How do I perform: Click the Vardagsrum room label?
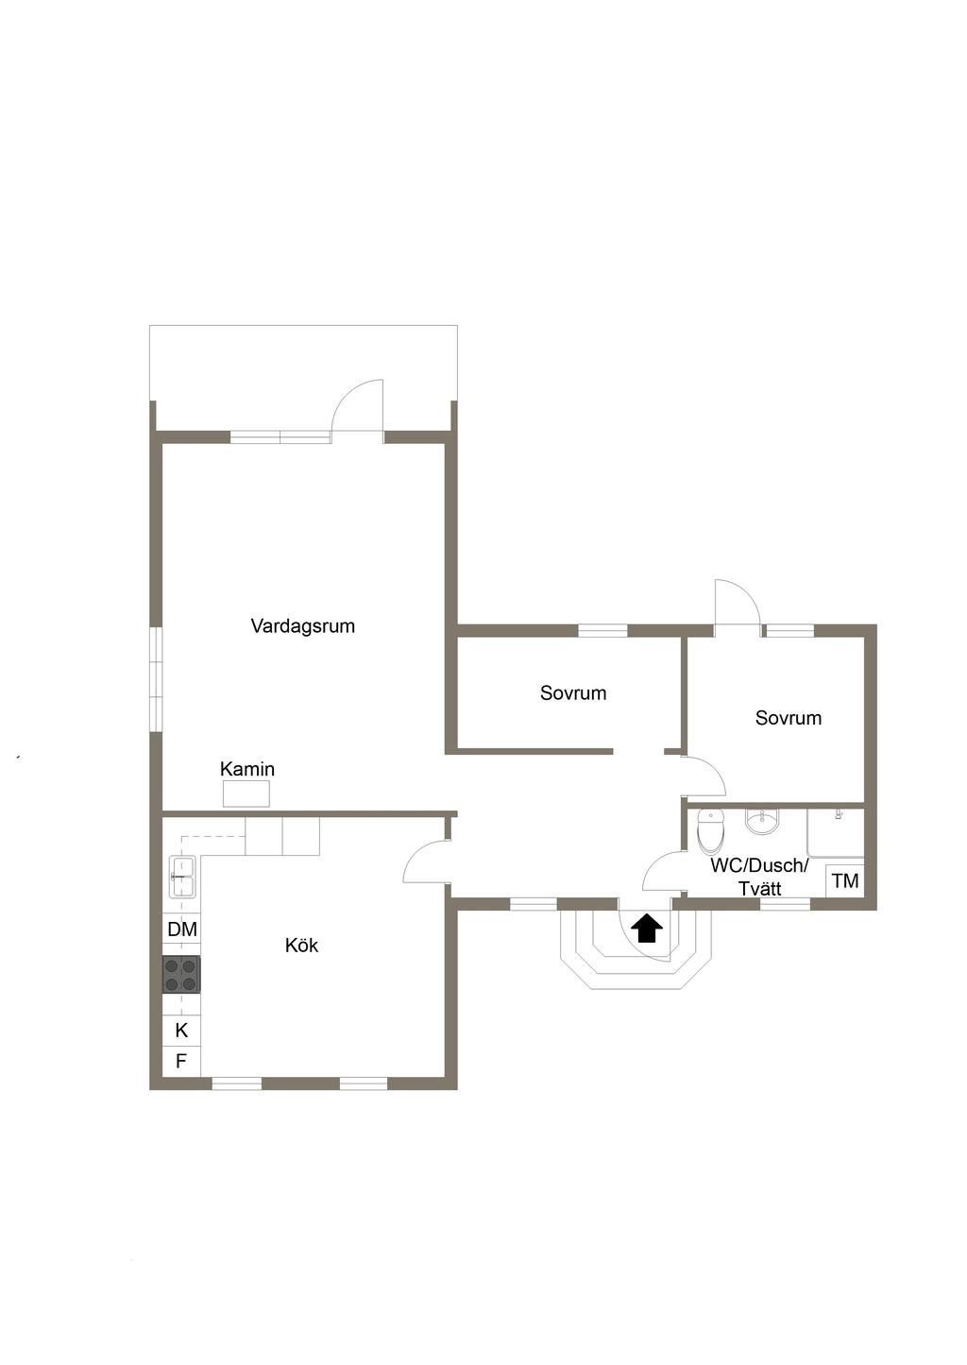303,626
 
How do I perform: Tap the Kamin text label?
247,770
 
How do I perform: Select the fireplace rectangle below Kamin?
246,794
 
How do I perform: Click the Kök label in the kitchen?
301,946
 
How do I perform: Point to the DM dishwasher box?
181,930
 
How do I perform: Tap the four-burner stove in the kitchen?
181,975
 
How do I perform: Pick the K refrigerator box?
181,1031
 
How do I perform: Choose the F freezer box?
181,1061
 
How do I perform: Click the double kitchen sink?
182,877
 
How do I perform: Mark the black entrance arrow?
647,928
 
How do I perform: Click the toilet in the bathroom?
710,831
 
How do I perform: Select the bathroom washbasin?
762,822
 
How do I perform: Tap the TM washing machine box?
845,880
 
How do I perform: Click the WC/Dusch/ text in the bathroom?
759,865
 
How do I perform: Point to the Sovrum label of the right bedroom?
789,718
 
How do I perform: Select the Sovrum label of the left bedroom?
573,692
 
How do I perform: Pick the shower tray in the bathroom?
836,833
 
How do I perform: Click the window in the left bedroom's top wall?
602,631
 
